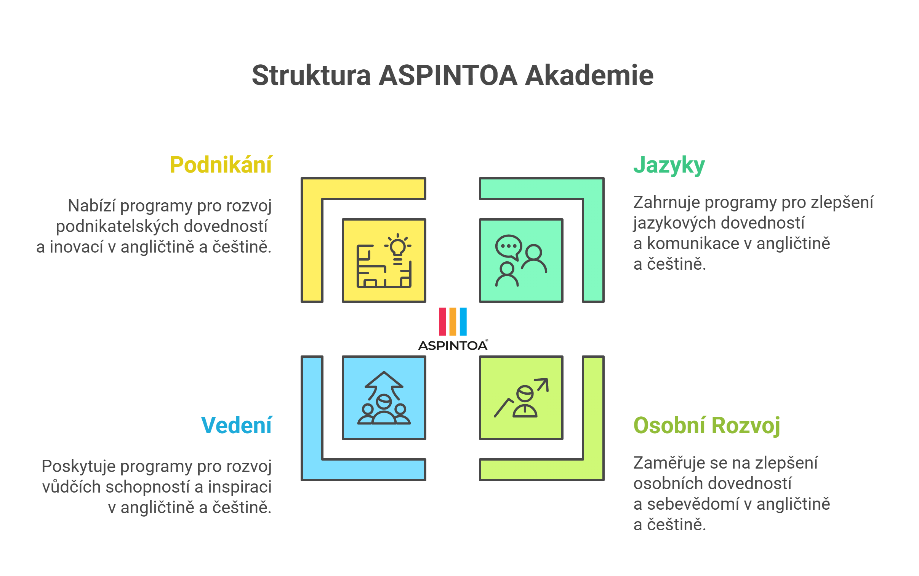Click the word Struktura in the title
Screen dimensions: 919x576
(311, 75)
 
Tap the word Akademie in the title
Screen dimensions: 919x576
(589, 75)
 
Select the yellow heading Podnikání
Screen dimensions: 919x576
(221, 165)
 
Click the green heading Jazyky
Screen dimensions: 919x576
(669, 166)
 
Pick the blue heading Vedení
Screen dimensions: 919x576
(236, 425)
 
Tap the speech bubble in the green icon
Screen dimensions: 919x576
(509, 247)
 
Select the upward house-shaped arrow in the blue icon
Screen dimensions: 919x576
(384, 385)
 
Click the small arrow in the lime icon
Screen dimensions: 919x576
(541, 385)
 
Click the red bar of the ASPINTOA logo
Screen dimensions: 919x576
(442, 322)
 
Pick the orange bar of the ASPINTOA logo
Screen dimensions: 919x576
(453, 322)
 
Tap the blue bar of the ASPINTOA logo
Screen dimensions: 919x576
(463, 322)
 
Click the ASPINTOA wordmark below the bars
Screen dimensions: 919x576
(453, 345)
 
